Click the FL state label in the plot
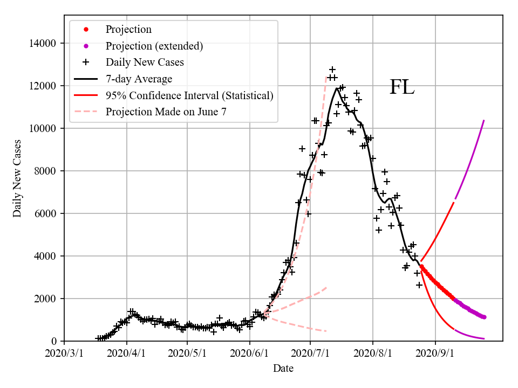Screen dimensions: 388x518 [x=402, y=87]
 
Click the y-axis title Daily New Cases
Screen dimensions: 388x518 [x=17, y=178]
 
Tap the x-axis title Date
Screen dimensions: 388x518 [x=283, y=369]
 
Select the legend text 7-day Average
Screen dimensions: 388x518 [x=139, y=79]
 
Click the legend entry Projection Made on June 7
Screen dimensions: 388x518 [x=166, y=112]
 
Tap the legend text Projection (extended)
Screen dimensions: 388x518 [x=154, y=46]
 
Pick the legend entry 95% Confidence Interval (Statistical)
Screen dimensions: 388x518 [x=189, y=96]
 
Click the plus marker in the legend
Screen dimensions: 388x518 [x=86, y=62]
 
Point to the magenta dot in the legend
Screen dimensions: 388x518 [x=86, y=46]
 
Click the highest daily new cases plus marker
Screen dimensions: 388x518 [x=332, y=70]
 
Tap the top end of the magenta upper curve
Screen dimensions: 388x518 [x=484, y=120]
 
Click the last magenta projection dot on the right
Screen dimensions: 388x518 [x=484, y=317]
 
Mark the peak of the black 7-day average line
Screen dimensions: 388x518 [x=338, y=88]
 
